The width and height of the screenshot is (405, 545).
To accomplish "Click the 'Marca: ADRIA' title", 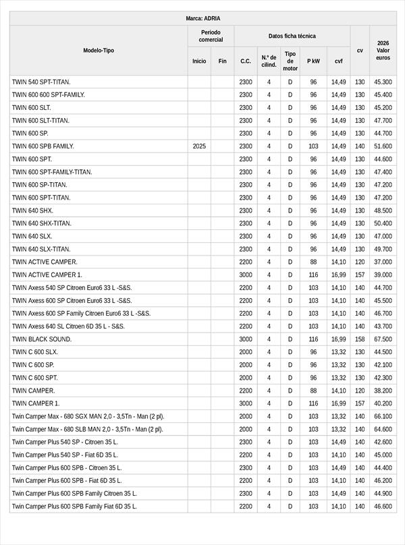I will click(x=202, y=18).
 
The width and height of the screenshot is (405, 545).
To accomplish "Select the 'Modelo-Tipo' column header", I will click(x=99, y=51).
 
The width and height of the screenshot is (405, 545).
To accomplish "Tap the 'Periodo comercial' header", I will click(x=211, y=36).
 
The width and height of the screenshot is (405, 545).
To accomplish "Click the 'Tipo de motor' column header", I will click(x=290, y=61).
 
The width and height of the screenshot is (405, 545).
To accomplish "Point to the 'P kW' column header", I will click(x=313, y=61).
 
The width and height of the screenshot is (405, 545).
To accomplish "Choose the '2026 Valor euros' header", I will click(x=383, y=51).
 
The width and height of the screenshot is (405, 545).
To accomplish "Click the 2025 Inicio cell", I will click(x=199, y=146).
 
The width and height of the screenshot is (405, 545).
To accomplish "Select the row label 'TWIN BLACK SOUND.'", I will click(x=41, y=339).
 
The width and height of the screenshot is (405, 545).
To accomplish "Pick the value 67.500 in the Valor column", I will click(x=383, y=339).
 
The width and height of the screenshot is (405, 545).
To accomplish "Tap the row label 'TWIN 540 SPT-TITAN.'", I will click(x=41, y=82).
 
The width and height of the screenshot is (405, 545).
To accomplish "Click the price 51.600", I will click(x=383, y=146).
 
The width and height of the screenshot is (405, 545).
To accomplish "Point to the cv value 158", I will click(x=360, y=339).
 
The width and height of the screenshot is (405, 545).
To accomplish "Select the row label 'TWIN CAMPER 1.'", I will click(x=36, y=403).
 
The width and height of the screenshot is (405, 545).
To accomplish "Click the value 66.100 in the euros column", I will click(x=383, y=416).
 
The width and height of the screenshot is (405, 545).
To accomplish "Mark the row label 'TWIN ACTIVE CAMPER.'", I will click(x=45, y=262).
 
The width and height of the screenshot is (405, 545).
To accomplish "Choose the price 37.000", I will click(x=383, y=262).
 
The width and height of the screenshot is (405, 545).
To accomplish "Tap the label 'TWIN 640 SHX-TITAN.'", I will click(x=42, y=223).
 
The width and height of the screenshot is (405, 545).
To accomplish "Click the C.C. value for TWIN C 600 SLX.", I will click(x=246, y=352).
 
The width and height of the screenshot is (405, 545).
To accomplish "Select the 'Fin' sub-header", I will click(x=222, y=61).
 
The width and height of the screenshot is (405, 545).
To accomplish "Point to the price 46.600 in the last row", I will click(x=383, y=507).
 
